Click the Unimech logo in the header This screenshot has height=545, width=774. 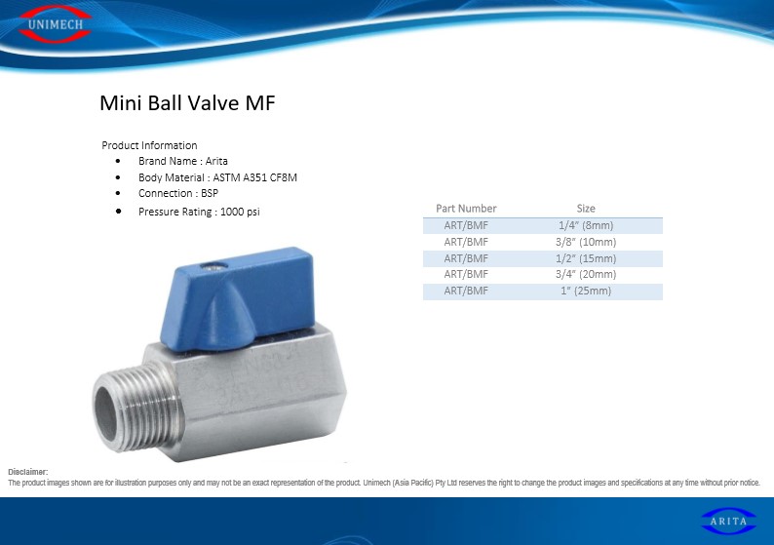click(x=56, y=23)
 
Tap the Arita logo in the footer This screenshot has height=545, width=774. click(x=728, y=521)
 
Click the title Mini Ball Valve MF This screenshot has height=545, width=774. click(x=187, y=102)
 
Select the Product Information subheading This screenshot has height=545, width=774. click(x=149, y=145)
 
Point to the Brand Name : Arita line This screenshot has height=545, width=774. click(x=182, y=161)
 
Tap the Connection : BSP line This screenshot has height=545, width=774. click(x=178, y=193)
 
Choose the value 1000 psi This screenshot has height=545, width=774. click(x=240, y=212)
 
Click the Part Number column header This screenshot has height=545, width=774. click(x=466, y=209)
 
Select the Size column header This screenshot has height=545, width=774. click(x=586, y=209)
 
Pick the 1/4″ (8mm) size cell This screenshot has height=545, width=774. click(x=586, y=225)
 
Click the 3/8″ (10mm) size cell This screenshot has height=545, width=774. click(x=586, y=242)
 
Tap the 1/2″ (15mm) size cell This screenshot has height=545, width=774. click(x=586, y=258)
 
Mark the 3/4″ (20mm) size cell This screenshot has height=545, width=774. click(x=586, y=274)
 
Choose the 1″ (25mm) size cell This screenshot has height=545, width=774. click(x=586, y=291)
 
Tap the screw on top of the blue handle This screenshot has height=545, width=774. click(x=213, y=267)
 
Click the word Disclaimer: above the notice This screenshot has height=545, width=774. click(x=28, y=472)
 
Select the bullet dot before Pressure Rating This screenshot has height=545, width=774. click(x=119, y=211)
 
